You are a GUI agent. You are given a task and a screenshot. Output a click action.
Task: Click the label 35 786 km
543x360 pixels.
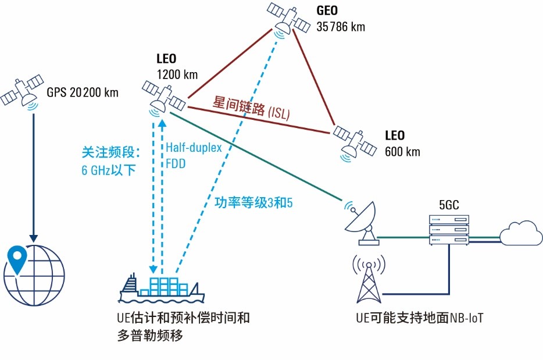(341, 27)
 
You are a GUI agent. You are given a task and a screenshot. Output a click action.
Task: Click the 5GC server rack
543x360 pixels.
(449, 230)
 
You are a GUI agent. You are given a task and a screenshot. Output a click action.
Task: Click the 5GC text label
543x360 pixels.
(448, 204)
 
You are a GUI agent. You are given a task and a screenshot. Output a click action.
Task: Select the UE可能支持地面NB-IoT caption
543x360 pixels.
(420, 318)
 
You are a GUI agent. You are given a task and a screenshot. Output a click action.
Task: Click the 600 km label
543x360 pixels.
(402, 152)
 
